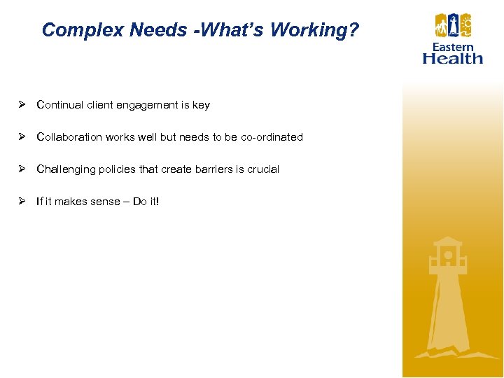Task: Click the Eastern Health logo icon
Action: point(453,27)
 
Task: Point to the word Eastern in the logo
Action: point(453,47)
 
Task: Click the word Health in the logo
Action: point(453,58)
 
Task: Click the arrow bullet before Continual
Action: point(22,105)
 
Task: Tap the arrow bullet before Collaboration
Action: point(22,137)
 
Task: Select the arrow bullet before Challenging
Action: point(22,169)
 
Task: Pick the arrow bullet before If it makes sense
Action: point(22,202)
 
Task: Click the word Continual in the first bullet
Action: point(60,105)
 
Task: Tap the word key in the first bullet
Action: point(201,105)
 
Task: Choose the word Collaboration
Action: point(69,137)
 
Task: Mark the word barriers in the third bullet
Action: point(214,169)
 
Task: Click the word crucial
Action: point(263,169)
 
